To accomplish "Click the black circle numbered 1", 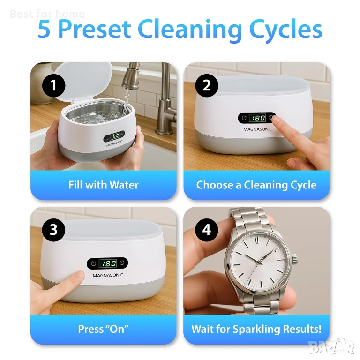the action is (54, 85).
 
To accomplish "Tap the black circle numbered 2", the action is (207, 85).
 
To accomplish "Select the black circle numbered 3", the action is (54, 230).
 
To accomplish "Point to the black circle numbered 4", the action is (207, 230).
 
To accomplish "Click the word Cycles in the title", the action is (286, 30).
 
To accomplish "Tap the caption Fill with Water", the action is (103, 185).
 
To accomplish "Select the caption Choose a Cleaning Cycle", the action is (256, 185).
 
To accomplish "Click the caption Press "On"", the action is (103, 329).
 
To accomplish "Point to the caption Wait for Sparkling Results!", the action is (256, 329).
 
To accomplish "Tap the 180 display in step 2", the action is (257, 118).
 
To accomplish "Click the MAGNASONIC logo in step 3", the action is (108, 275).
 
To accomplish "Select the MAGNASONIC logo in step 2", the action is (258, 129).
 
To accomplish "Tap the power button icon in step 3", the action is (93, 263).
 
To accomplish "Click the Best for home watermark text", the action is (47, 14).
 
